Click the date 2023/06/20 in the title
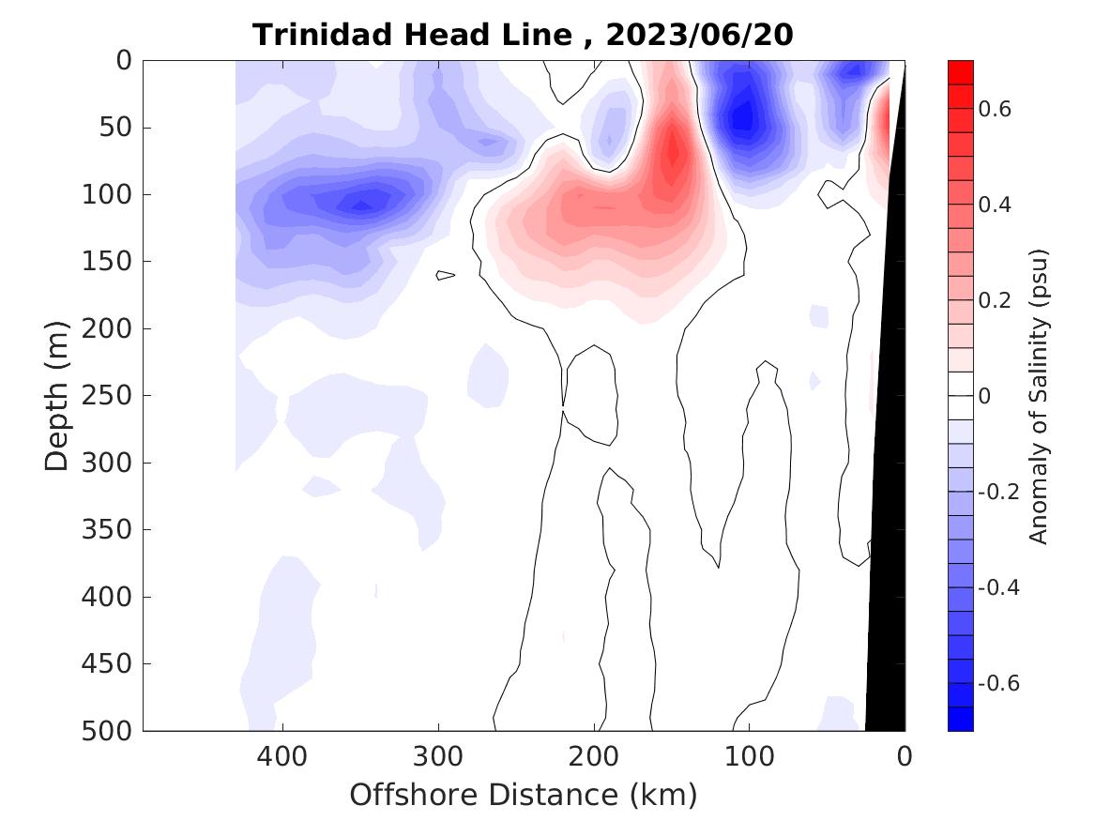[x=700, y=35]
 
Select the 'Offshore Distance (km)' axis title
[x=524, y=796]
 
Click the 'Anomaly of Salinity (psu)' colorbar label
[x=1038, y=396]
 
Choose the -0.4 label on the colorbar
[x=998, y=587]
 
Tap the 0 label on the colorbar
[x=984, y=396]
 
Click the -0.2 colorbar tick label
[x=998, y=492]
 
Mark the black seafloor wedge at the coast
[x=887, y=563]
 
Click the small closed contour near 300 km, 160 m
[x=445, y=275]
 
